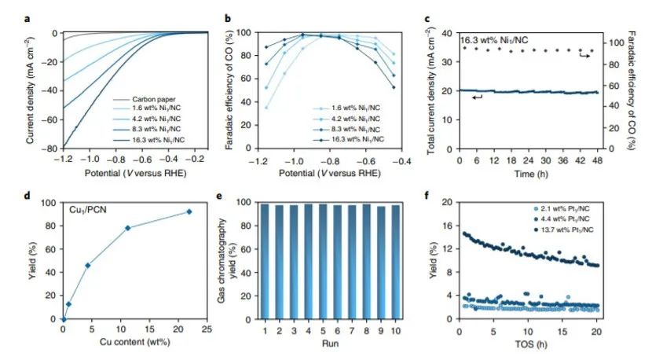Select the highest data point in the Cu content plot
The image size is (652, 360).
click(x=189, y=211)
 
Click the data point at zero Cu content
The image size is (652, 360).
click(x=64, y=319)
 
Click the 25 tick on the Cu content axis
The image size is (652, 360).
click(x=206, y=330)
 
